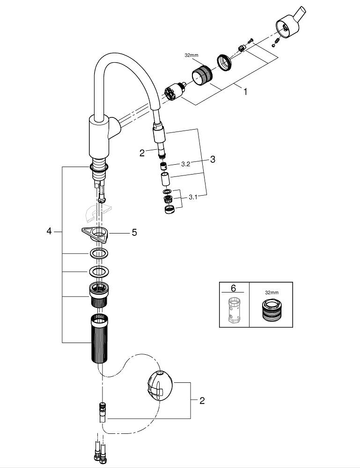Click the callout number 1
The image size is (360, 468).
(x=245, y=92)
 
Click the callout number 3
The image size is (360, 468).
(x=213, y=159)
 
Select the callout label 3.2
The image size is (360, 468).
(x=185, y=165)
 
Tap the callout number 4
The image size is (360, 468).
(x=49, y=231)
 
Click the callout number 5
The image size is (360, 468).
(x=134, y=232)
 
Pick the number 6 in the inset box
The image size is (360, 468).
(x=234, y=288)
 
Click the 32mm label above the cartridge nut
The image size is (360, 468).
(x=191, y=55)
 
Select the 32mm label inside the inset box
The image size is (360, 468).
(x=271, y=292)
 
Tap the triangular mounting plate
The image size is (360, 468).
(x=96, y=234)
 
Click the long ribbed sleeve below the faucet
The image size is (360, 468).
(x=99, y=338)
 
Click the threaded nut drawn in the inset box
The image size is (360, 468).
(x=271, y=310)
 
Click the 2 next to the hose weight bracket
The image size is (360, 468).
(x=202, y=401)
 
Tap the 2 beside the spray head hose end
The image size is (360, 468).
(x=142, y=153)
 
